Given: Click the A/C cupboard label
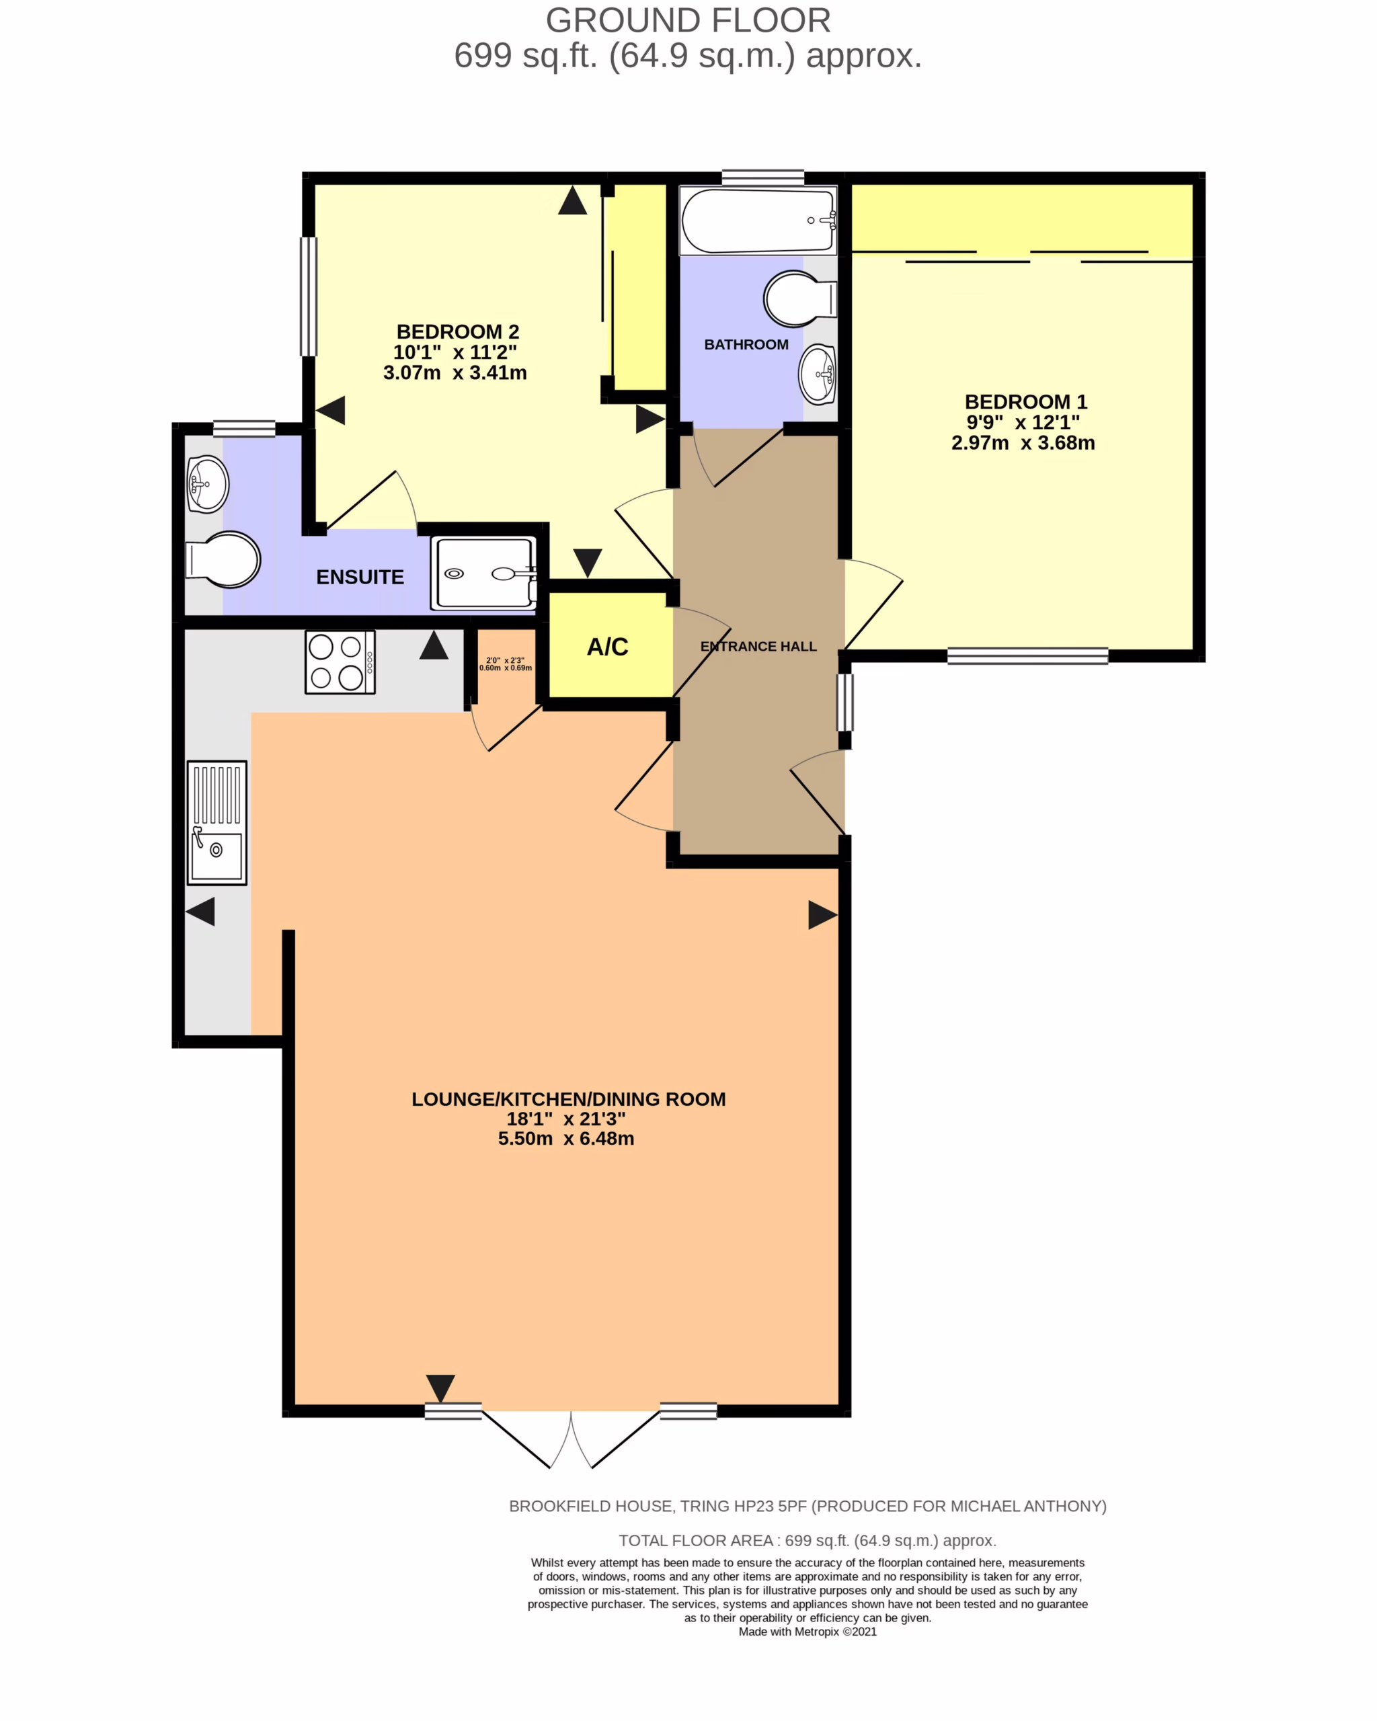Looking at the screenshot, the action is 607,647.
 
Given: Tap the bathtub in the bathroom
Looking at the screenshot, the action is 758,221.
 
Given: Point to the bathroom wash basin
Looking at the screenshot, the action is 818,374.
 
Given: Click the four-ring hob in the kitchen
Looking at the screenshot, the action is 340,662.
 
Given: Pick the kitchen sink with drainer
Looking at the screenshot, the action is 217,823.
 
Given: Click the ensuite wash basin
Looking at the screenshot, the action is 208,484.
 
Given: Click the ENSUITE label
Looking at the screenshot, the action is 360,577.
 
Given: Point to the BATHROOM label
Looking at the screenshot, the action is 746,345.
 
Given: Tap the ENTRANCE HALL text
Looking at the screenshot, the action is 758,647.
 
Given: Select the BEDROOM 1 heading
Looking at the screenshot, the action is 1026,401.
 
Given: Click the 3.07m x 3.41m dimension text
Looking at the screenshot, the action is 455,373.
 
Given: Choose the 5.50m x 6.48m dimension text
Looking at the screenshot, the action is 566,1138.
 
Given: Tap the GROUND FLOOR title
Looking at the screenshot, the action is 688,21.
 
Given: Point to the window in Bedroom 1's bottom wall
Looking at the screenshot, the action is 1028,655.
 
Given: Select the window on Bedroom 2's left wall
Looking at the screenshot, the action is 308,296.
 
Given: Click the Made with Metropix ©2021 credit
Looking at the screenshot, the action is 808,1632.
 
